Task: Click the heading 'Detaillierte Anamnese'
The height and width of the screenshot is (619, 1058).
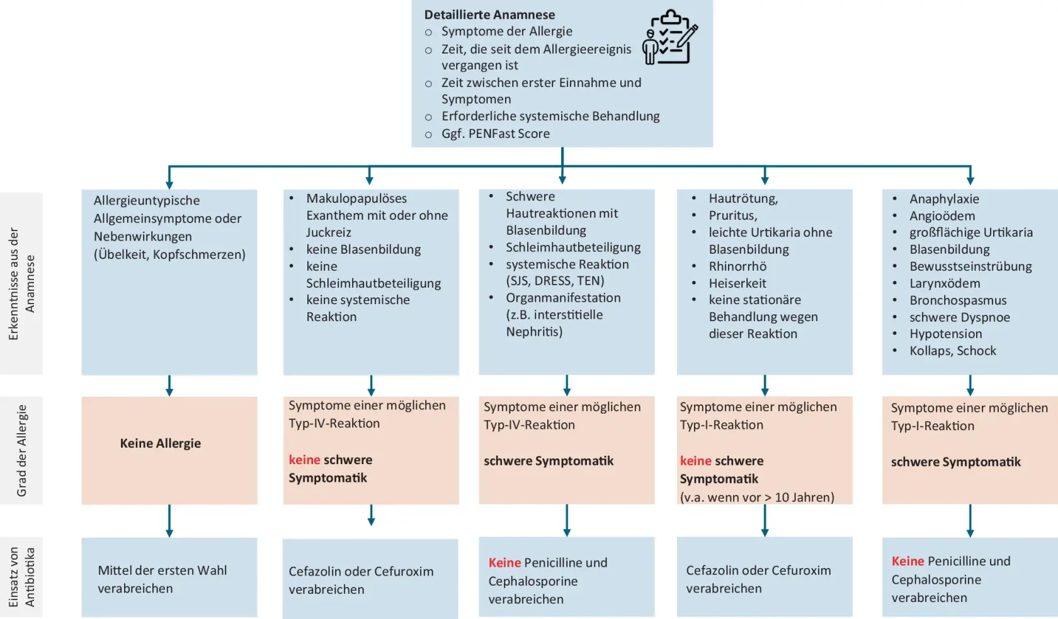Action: point(489,14)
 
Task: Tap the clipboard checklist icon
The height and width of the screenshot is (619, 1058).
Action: point(670,38)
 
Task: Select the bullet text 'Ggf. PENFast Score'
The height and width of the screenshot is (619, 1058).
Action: point(495,133)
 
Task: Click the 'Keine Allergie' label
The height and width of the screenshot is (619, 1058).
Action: point(160,443)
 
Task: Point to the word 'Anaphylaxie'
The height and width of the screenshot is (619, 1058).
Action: point(944,199)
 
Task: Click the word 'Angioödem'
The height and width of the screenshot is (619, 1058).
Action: point(941,216)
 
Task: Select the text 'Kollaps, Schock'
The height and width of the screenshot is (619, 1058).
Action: point(952,351)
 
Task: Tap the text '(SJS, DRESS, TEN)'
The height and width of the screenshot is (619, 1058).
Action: point(555,281)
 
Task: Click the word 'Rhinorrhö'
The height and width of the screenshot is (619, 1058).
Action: point(737,266)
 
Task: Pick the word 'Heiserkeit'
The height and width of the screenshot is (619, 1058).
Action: point(737,283)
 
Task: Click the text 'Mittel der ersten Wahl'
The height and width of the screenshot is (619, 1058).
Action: point(162,571)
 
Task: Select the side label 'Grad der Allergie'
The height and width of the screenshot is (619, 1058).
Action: point(22,450)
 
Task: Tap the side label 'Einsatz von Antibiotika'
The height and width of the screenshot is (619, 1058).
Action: point(22,577)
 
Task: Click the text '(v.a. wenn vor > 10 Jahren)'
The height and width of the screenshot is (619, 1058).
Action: point(757,497)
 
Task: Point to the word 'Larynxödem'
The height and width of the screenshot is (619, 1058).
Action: point(945,283)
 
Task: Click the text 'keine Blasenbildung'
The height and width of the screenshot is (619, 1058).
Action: point(363,249)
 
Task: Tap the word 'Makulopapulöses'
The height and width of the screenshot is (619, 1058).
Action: point(356,198)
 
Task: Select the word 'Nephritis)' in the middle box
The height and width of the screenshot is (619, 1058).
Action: point(534,332)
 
